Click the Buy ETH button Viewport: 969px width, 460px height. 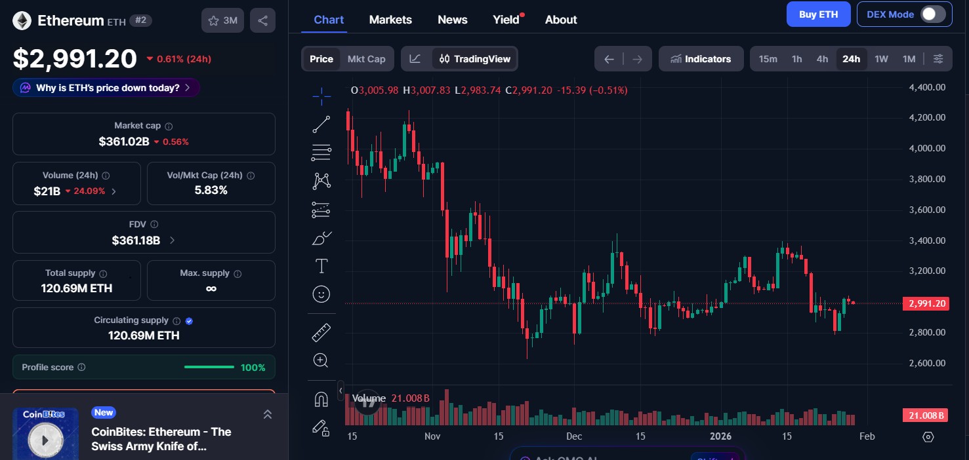tap(818, 14)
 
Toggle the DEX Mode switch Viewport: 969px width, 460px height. tap(932, 14)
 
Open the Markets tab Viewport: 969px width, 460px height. tap(390, 20)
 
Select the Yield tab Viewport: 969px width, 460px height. tap(506, 20)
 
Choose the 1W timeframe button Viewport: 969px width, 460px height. tap(881, 59)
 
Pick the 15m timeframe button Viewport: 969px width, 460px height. tap(768, 59)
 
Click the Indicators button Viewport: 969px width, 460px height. tap(701, 59)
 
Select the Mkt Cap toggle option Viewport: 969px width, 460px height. tap(366, 59)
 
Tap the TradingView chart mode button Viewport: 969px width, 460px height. tap(475, 59)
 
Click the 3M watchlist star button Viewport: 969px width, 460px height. tap(222, 20)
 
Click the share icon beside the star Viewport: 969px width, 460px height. tap(262, 20)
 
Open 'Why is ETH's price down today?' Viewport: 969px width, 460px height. tap(106, 88)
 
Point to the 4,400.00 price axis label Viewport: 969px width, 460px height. tap(926, 87)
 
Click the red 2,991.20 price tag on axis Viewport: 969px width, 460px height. tap(926, 303)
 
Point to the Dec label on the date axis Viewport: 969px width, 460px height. tap(574, 436)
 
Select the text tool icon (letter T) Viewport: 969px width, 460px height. tap(321, 266)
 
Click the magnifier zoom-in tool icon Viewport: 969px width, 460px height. tap(321, 360)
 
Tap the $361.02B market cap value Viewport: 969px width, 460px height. tap(124, 142)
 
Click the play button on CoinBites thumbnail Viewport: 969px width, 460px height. tap(45, 440)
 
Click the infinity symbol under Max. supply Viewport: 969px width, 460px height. tap(211, 288)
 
